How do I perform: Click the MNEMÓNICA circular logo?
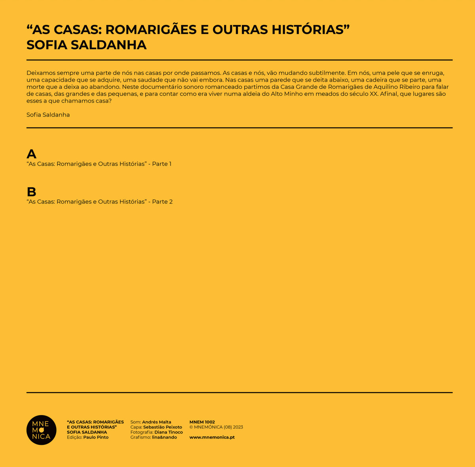[41, 430]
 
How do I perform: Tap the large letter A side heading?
[31, 154]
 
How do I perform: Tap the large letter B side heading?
[31, 192]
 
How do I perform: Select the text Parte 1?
[162, 164]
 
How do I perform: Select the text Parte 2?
[162, 202]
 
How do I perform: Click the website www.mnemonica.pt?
[212, 437]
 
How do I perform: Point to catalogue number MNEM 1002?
[202, 422]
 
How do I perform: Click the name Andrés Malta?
[157, 422]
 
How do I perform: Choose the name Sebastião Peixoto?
[163, 427]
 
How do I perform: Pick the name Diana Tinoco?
[169, 432]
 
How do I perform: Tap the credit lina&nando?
[165, 437]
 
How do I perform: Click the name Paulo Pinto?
[96, 437]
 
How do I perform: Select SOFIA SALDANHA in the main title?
[86, 45]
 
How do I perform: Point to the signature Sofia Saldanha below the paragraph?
[48, 115]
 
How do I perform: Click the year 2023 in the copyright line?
[238, 427]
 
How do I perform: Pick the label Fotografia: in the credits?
[142, 432]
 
